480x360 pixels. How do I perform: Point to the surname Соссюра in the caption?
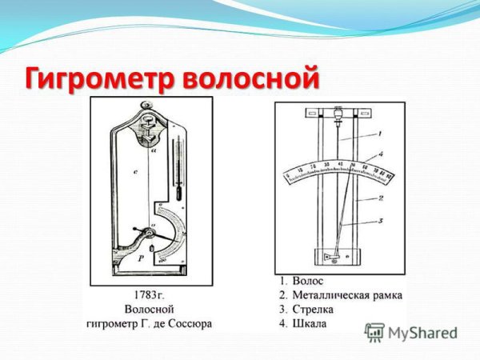click(x=188, y=323)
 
